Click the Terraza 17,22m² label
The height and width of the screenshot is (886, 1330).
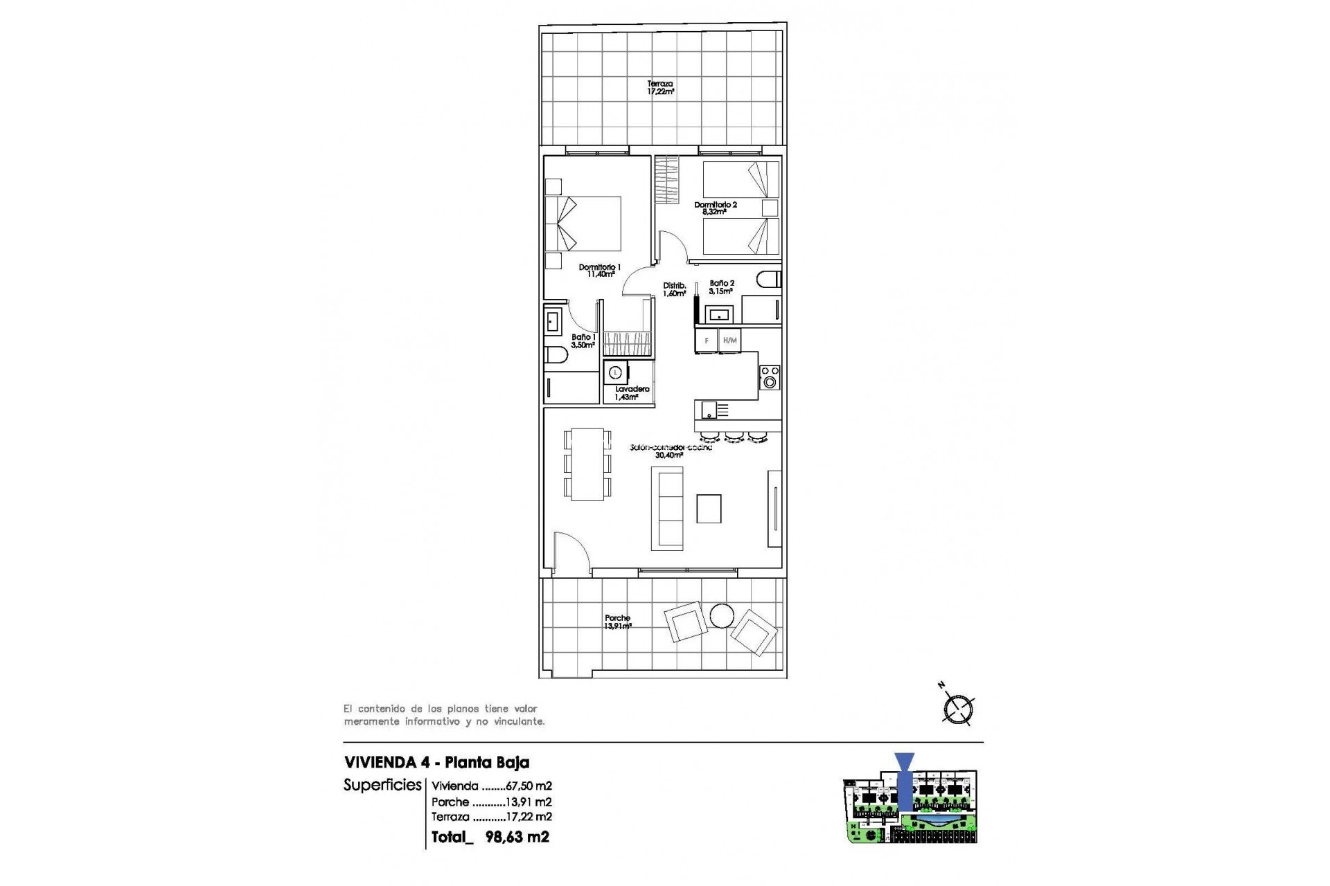(660, 87)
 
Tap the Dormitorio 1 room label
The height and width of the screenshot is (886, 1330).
(600, 271)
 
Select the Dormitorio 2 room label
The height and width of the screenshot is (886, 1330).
(716, 208)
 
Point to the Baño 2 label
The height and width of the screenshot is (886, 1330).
(721, 287)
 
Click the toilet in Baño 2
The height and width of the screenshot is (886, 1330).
(769, 280)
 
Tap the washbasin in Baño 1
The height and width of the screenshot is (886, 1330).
(553, 322)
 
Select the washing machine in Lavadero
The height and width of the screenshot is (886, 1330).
(615, 373)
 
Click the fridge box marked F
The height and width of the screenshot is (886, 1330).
(707, 341)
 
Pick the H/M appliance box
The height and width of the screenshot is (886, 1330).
(729, 341)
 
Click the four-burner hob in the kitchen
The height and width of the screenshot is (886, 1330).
(769, 378)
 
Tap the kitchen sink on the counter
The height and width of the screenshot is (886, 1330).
(709, 410)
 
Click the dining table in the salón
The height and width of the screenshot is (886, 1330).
(587, 464)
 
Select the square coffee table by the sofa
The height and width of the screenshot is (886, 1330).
(709, 509)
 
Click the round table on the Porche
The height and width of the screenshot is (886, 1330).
(722, 615)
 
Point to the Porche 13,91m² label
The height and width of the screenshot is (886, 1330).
(617, 622)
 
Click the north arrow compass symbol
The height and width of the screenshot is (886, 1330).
(959, 709)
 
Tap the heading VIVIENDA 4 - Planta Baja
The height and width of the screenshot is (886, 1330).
(436, 763)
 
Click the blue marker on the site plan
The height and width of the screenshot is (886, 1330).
(905, 782)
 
